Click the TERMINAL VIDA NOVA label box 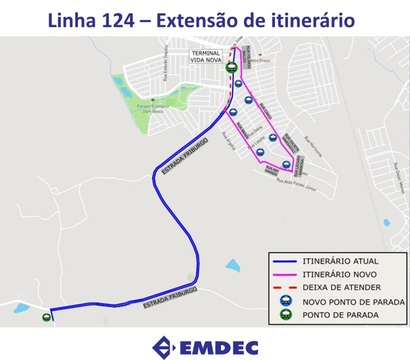pos(205,56)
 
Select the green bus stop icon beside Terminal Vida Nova pos(232,67)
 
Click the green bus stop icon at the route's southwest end pos(47,317)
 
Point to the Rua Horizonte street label pos(314,147)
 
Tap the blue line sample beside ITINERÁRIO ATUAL pos(285,261)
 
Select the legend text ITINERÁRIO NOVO pos(340,274)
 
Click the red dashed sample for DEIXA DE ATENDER pos(285,288)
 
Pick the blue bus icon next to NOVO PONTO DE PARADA pos(286,301)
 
